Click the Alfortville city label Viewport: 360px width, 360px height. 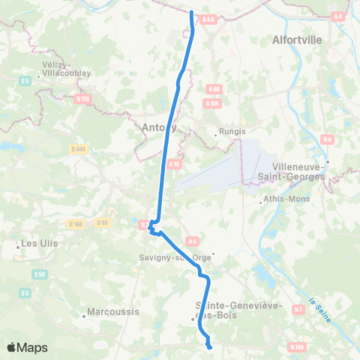(298, 38)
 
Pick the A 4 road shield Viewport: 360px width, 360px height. (339, 15)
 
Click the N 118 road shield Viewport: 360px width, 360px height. (82, 97)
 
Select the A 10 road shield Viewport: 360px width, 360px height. (174, 163)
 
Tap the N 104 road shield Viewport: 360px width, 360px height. (297, 346)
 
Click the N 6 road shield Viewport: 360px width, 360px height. (327, 138)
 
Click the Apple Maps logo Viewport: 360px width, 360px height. (27, 347)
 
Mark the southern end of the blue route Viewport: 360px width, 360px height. (210, 346)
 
